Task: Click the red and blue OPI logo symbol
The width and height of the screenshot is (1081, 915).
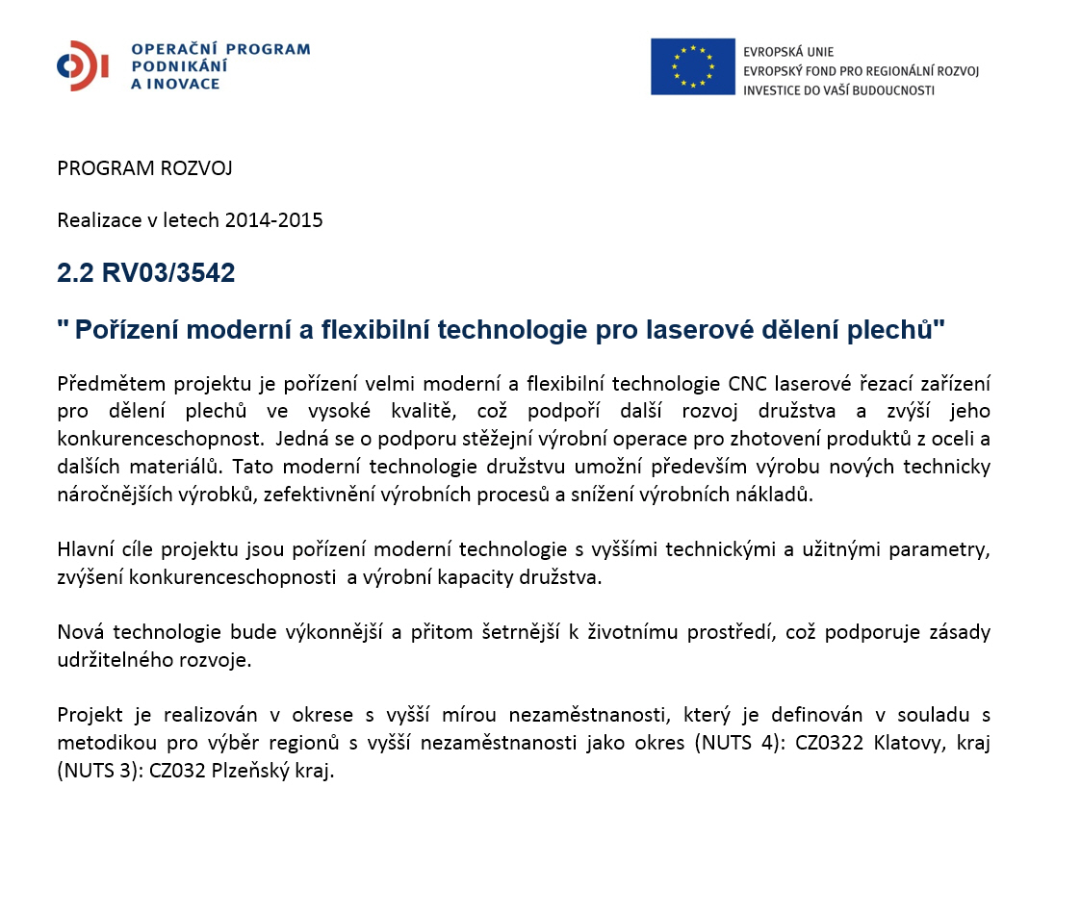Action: [x=82, y=66]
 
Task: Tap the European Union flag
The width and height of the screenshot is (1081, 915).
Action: [x=692, y=66]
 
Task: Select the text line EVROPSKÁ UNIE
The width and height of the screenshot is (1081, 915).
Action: [x=788, y=52]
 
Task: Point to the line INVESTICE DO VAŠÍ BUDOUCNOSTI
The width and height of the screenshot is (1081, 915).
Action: [x=838, y=90]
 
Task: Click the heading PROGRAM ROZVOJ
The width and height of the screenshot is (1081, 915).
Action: [x=144, y=169]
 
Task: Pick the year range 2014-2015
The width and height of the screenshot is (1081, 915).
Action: [x=273, y=220]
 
